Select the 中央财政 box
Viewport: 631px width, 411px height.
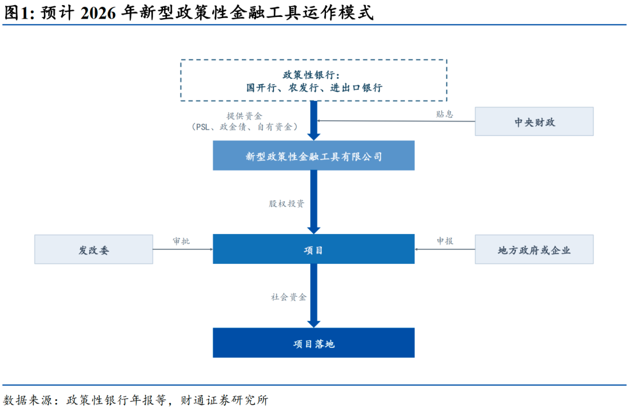tap(534, 121)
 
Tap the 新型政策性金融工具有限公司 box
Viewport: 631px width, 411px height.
tap(314, 156)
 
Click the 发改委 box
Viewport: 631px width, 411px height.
tap(93, 249)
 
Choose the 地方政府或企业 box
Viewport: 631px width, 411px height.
tap(534, 249)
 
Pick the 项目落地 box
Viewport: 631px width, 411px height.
tap(314, 343)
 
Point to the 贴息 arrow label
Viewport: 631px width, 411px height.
tap(445, 114)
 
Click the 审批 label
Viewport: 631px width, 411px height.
tap(181, 241)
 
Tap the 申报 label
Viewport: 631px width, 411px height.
tap(445, 241)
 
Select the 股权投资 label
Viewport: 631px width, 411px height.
tap(286, 204)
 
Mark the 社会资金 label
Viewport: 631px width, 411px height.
tap(289, 297)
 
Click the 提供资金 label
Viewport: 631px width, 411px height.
tap(244, 116)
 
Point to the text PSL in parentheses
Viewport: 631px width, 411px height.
tap(202, 127)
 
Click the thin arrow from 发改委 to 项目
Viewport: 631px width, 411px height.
tap(183, 249)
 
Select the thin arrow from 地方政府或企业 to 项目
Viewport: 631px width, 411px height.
tap(445, 249)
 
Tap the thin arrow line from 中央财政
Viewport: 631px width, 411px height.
tap(396, 121)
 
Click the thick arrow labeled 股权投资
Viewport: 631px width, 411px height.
tap(314, 202)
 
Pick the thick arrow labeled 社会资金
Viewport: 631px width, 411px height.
tap(314, 295)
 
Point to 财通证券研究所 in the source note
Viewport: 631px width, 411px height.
tap(224, 400)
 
